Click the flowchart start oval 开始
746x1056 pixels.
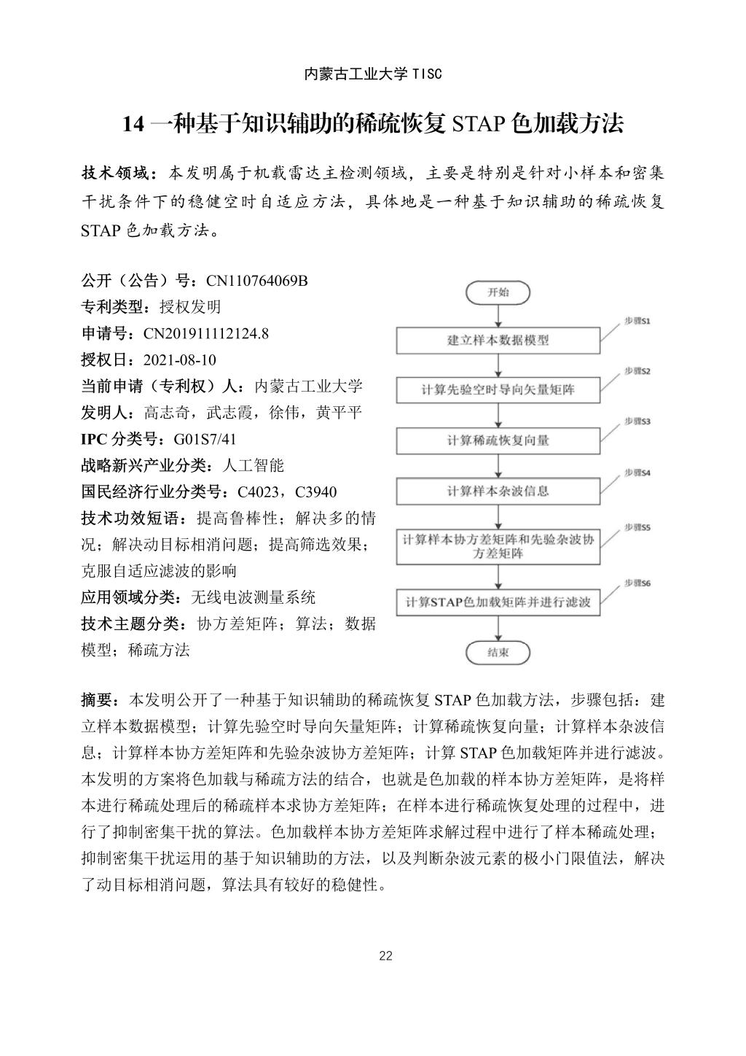(498, 293)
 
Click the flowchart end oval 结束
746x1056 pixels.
(498, 653)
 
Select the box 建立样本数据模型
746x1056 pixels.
(498, 341)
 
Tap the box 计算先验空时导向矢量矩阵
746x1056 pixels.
(498, 390)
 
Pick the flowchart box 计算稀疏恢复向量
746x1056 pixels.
(498, 440)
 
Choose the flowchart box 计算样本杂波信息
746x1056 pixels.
(498, 491)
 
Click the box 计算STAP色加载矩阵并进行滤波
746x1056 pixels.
(498, 602)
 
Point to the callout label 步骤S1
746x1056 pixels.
(636, 321)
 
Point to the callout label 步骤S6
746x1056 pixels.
(636, 583)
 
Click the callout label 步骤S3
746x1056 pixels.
(636, 422)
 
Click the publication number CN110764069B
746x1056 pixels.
(257, 281)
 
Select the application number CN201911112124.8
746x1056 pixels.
(206, 334)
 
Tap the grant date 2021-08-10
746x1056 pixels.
(180, 360)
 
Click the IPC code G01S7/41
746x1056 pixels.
(205, 439)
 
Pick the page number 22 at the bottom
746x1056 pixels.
(386, 956)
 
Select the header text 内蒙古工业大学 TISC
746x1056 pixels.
(373, 74)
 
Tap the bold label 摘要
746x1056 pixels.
(97, 700)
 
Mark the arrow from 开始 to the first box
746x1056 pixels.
(498, 315)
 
